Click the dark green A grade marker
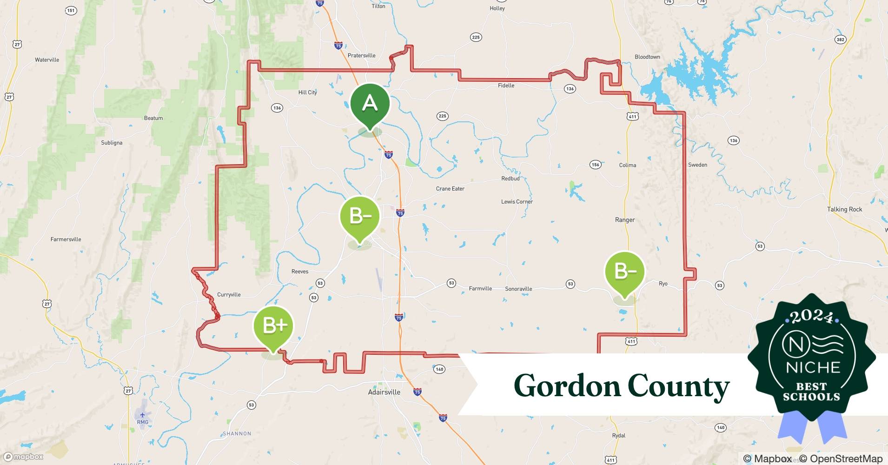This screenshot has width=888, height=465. point(370,103)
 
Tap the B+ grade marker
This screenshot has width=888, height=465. point(273,326)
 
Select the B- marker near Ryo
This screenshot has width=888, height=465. point(625,271)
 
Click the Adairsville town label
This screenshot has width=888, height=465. point(384,392)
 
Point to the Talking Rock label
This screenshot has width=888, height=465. point(844,209)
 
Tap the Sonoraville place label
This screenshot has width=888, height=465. point(518,289)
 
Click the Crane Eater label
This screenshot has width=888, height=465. point(450,189)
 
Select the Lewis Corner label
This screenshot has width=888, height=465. point(517,202)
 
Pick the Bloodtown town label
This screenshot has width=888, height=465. point(647,57)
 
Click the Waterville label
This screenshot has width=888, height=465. point(47,60)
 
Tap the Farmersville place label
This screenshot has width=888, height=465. point(66,239)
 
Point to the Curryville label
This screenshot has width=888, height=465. point(229,295)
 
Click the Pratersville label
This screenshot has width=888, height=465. point(361,56)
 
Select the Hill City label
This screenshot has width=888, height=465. point(307,93)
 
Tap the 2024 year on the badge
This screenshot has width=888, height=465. point(811,317)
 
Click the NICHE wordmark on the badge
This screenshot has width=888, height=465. point(813,367)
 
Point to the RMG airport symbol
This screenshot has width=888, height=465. point(142,415)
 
